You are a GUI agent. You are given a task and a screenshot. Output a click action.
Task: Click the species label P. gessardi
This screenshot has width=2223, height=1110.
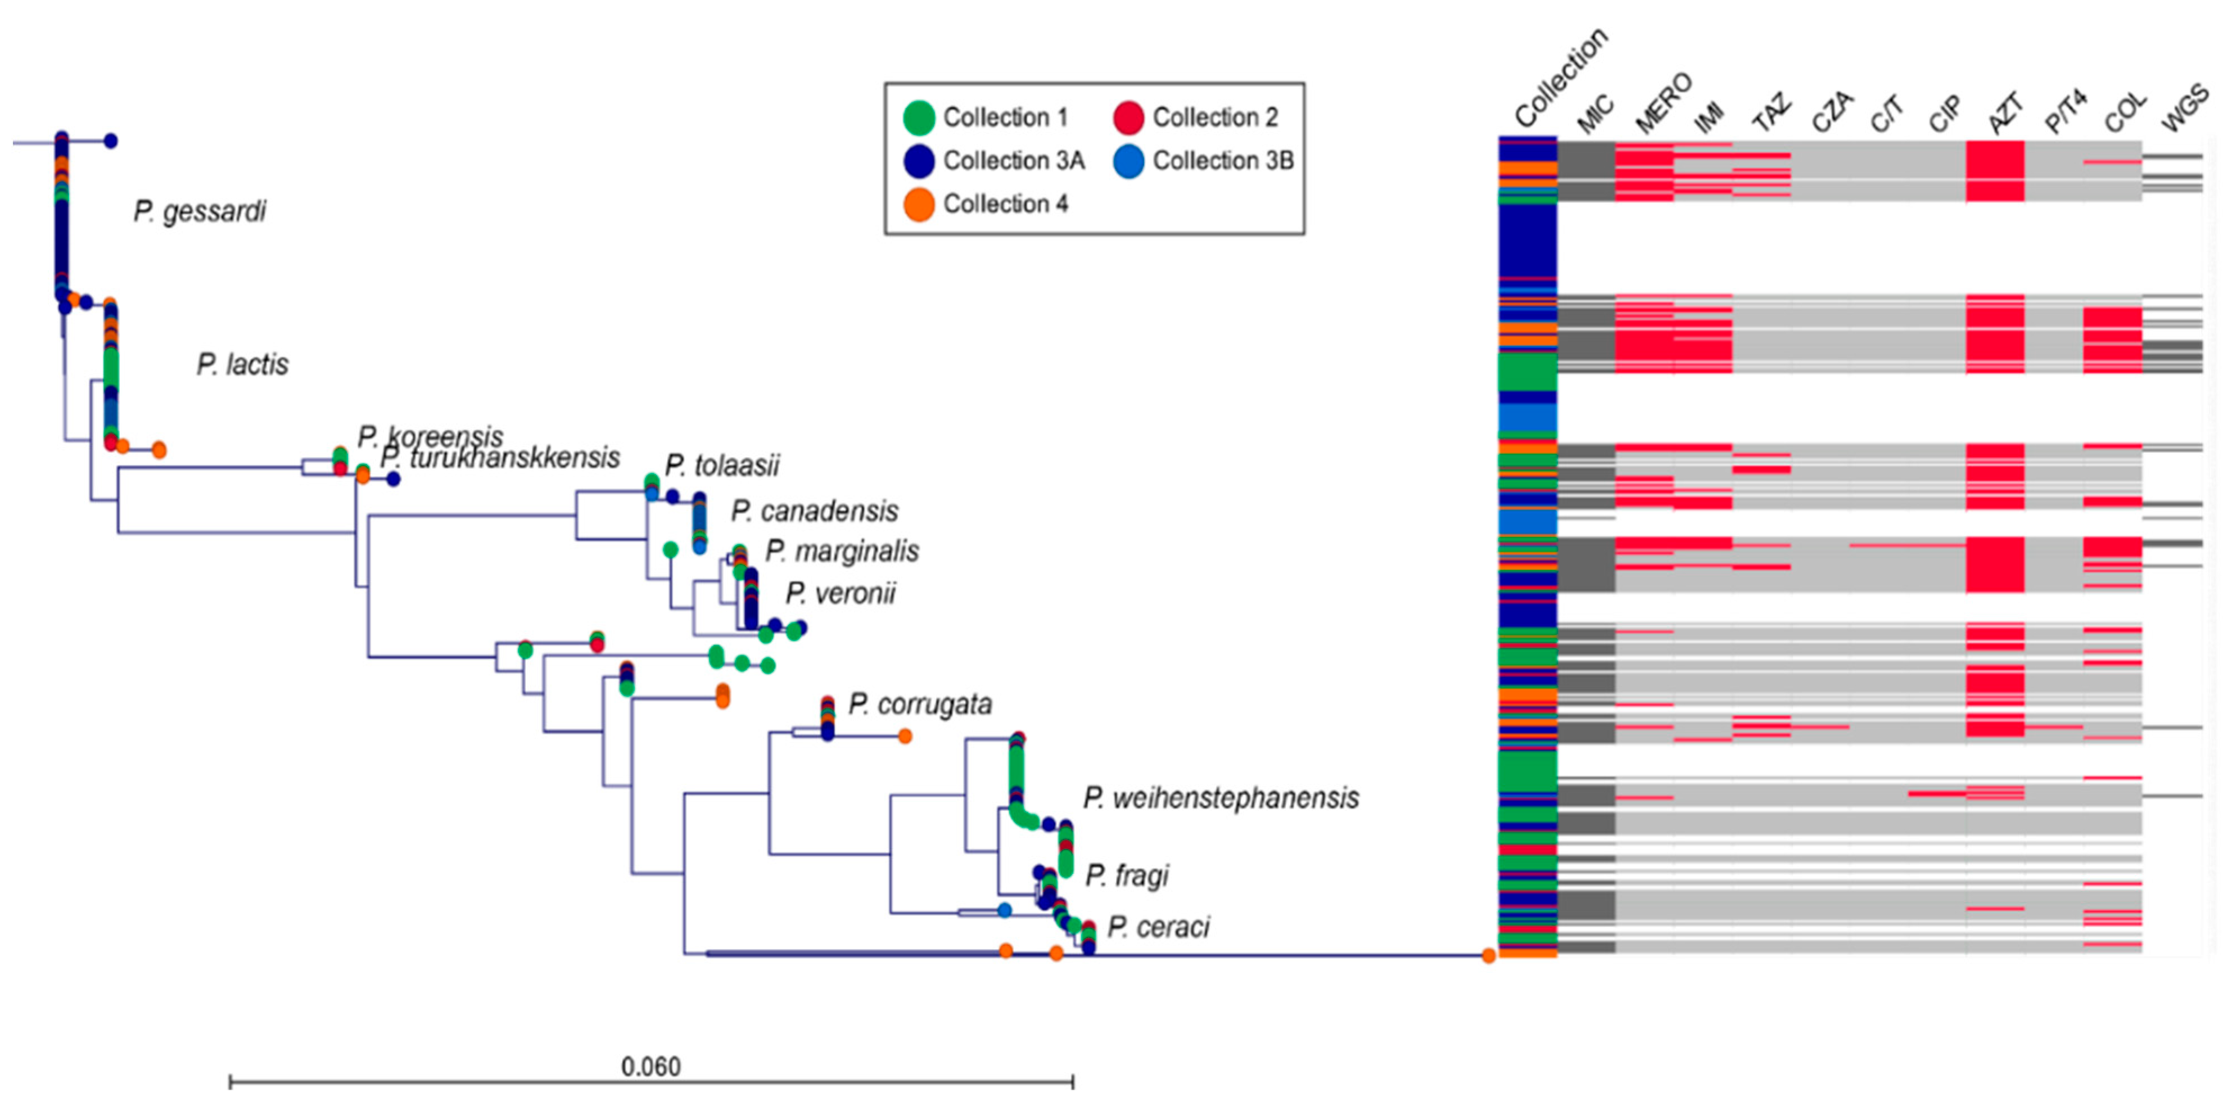click(200, 211)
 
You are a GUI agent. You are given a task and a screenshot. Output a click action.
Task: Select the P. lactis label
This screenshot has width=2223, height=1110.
click(242, 364)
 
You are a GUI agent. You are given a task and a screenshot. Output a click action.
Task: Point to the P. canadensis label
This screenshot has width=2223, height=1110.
click(815, 511)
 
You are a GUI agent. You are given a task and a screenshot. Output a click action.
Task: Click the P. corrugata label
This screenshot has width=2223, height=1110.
click(920, 705)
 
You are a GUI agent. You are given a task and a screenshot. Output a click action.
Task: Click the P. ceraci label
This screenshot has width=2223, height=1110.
click(1158, 927)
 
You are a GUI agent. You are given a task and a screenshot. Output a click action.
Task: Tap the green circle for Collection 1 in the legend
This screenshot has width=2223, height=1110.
click(919, 118)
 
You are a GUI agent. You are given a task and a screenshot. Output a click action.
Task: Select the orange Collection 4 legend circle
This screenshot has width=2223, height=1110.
click(919, 205)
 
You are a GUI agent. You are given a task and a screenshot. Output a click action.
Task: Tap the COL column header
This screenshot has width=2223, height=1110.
click(2123, 113)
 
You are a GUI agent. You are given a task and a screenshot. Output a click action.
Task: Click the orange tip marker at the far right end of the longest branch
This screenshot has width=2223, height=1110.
click(1489, 955)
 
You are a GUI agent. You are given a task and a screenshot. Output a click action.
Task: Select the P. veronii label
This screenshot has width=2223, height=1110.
click(841, 593)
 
